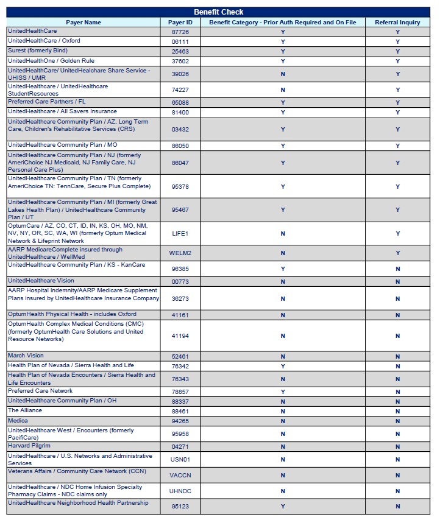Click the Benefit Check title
pyautogui.click(x=218, y=12)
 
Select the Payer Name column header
pyautogui.click(x=83, y=23)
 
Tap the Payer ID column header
pyautogui.click(x=180, y=23)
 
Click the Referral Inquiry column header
pyautogui.click(x=397, y=23)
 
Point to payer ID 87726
pyautogui.click(x=180, y=32)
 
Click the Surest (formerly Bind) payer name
pyautogui.click(x=38, y=51)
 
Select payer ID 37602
pyautogui.click(x=180, y=61)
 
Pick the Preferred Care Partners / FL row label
pyautogui.click(x=47, y=102)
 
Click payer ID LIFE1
pyautogui.click(x=180, y=234)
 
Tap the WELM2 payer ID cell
pyautogui.click(x=180, y=253)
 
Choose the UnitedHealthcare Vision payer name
pyautogui.click(x=41, y=281)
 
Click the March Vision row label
pyautogui.click(x=26, y=356)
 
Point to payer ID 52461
pyautogui.click(x=180, y=357)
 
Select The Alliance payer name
pyautogui.click(x=24, y=411)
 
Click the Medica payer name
pyautogui.click(x=18, y=421)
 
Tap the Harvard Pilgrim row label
pyautogui.click(x=29, y=446)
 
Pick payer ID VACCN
pyautogui.click(x=180, y=476)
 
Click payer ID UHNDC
pyautogui.click(x=180, y=491)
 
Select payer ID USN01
pyautogui.click(x=180, y=460)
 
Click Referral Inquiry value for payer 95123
pyautogui.click(x=397, y=507)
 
